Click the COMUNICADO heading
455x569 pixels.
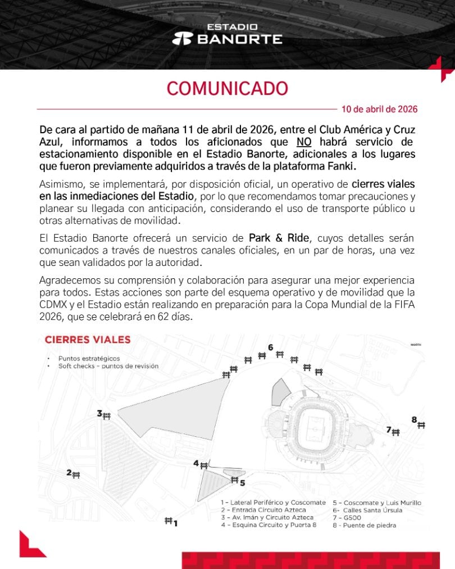(227, 88)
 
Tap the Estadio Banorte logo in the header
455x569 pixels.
(227, 34)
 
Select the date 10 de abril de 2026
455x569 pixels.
(379, 109)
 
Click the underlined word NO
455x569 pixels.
(304, 141)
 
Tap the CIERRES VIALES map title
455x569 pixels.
(87, 340)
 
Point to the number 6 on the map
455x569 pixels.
(271, 347)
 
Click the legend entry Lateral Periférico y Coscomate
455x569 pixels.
(273, 502)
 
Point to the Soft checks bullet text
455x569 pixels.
(108, 365)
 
